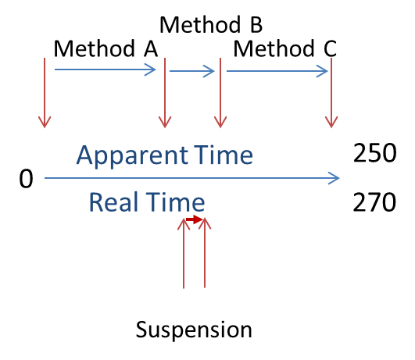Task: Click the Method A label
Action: [106, 49]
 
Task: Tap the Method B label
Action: [211, 23]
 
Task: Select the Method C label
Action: [286, 49]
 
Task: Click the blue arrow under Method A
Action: [106, 71]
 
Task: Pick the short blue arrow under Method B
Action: [192, 72]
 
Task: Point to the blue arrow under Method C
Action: [277, 72]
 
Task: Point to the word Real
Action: [114, 202]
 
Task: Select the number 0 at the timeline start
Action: [26, 180]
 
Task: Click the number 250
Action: [374, 154]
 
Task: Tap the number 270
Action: [374, 202]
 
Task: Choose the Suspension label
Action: [194, 330]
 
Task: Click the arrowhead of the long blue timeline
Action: [335, 179]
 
